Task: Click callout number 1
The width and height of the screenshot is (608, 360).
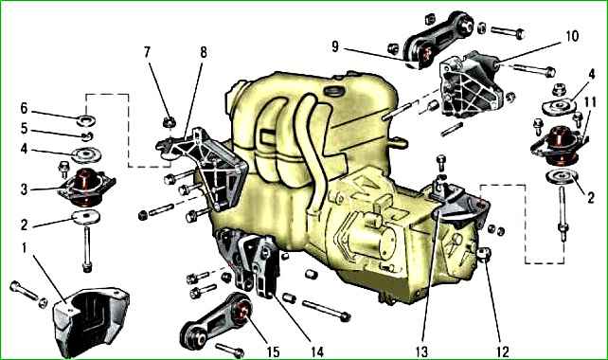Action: pyautogui.click(x=24, y=248)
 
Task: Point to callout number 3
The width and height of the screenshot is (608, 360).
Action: pyautogui.click(x=24, y=189)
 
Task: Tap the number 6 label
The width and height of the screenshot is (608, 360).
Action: pyautogui.click(x=24, y=108)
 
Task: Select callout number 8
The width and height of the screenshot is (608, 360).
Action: pyautogui.click(x=204, y=52)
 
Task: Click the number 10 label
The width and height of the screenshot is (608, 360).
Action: pyautogui.click(x=572, y=36)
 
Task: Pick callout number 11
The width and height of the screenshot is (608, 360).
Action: pyautogui.click(x=590, y=102)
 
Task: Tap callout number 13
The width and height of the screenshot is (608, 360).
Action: pyautogui.click(x=421, y=351)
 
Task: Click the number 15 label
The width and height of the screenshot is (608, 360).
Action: pyautogui.click(x=273, y=351)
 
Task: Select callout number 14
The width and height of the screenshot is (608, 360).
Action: pyautogui.click(x=317, y=351)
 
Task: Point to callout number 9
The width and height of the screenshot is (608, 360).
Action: pyautogui.click(x=335, y=46)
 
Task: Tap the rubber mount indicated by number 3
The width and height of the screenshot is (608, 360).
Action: pyautogui.click(x=87, y=187)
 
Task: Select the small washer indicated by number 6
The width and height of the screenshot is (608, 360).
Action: pyautogui.click(x=86, y=120)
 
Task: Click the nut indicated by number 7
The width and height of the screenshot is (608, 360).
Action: pyautogui.click(x=170, y=122)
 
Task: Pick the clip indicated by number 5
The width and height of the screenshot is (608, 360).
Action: pyautogui.click(x=87, y=135)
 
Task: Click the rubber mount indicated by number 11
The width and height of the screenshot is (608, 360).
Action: pyautogui.click(x=559, y=145)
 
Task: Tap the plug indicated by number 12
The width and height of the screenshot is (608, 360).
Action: pyautogui.click(x=484, y=255)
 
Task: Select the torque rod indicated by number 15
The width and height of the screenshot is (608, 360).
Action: pyautogui.click(x=217, y=320)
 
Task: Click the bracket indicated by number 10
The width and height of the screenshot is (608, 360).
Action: pyautogui.click(x=471, y=84)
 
